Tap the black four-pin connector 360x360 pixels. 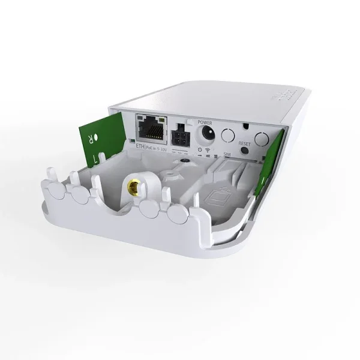click(x=179, y=134)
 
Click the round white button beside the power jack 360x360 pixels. click(x=227, y=135)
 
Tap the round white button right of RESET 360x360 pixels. click(x=260, y=139)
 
